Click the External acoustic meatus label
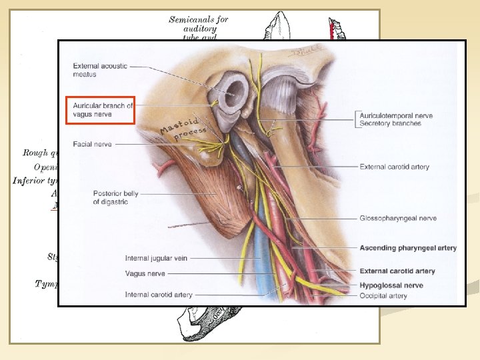pyautogui.click(x=99, y=70)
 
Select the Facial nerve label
pyautogui.click(x=93, y=144)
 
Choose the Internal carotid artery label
pyautogui.click(x=159, y=294)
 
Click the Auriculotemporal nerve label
pyautogui.click(x=396, y=115)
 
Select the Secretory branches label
pyautogui.click(x=390, y=123)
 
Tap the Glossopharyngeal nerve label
pyautogui.click(x=398, y=218)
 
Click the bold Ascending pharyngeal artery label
pyautogui.click(x=408, y=248)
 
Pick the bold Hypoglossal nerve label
pyautogui.click(x=391, y=285)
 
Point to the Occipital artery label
pyautogui.click(x=383, y=295)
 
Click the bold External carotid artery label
pyautogui.click(x=397, y=271)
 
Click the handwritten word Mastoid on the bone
pyautogui.click(x=176, y=125)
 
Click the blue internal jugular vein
pyautogui.click(x=267, y=267)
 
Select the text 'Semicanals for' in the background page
pyautogui.click(x=199, y=19)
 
